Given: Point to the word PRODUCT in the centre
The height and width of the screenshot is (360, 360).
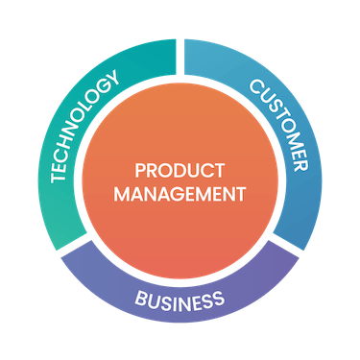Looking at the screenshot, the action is click(x=180, y=172).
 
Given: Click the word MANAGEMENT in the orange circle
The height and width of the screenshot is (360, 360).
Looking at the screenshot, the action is click(x=180, y=193).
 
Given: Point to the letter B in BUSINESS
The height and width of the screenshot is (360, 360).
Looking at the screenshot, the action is click(x=141, y=293).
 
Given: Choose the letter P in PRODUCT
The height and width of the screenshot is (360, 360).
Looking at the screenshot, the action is click(x=140, y=172).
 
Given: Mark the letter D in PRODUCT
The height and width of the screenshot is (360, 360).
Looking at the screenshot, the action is click(x=180, y=172).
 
